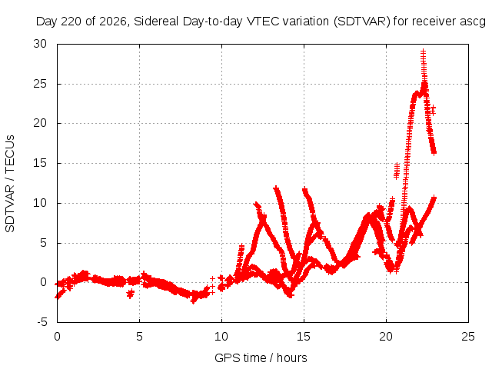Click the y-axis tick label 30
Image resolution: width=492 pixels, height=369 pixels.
tap(40, 44)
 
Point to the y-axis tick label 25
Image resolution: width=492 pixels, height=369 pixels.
tap(40, 84)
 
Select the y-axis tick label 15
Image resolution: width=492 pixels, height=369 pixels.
tap(40, 163)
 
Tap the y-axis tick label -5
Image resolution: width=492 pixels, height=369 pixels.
tap(42, 322)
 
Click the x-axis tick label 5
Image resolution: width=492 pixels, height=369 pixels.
tap(139, 337)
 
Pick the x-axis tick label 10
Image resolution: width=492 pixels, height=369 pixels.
tap(221, 337)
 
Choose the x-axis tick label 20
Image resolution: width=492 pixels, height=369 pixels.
tap(386, 337)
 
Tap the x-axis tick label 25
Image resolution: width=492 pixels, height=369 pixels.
tap(468, 337)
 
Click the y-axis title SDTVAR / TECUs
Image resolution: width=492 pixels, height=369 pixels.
tap(10, 184)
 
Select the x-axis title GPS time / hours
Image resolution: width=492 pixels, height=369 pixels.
tap(261, 357)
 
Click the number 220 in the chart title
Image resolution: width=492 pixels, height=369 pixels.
tap(71, 22)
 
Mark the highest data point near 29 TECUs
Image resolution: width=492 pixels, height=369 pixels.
tap(424, 52)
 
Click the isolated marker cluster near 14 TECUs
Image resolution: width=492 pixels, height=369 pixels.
tap(397, 171)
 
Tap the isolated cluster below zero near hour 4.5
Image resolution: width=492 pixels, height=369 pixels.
tap(130, 294)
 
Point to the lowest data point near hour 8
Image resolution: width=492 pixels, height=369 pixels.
tap(193, 301)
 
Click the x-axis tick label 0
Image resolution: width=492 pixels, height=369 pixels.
tap(57, 337)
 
